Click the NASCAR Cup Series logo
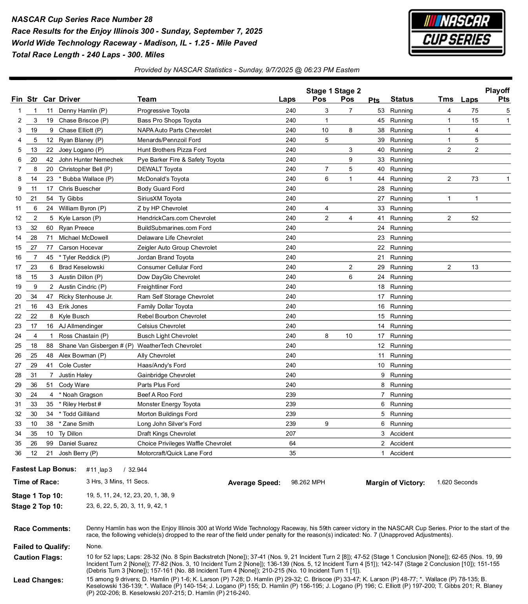click(x=457, y=33)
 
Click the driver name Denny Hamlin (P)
click(x=83, y=111)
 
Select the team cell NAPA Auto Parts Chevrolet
click(x=174, y=130)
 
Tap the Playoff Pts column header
click(x=497, y=95)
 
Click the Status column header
click(x=402, y=99)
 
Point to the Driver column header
click(x=69, y=99)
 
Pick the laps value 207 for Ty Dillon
click(x=290, y=434)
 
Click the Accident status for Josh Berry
click(x=402, y=453)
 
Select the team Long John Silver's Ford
click(x=169, y=424)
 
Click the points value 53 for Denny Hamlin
click(x=381, y=111)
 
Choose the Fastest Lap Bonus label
click(x=44, y=469)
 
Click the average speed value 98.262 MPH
click(x=308, y=482)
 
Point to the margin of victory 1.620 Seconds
click(x=457, y=482)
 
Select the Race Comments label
click(x=42, y=529)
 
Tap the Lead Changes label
click(x=38, y=580)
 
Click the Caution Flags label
click(x=38, y=557)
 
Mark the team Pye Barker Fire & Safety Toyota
click(x=181, y=160)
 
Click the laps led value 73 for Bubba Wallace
click(x=475, y=179)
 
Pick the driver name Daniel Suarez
click(x=78, y=443)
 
